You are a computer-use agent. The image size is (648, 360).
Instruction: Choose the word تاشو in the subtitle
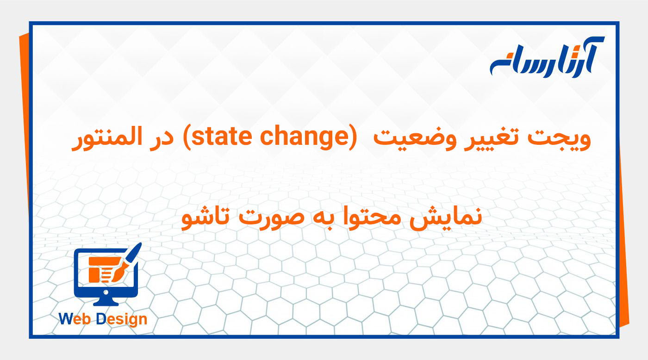coord(203,217)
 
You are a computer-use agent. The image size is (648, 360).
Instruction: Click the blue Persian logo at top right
coord(547,58)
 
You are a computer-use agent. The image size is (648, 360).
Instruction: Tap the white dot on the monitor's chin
coord(106,292)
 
